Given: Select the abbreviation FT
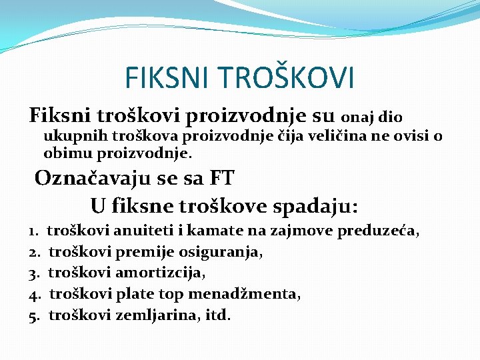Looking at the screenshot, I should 221,178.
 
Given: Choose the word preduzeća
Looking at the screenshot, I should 378,231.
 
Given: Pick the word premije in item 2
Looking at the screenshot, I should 143,253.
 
